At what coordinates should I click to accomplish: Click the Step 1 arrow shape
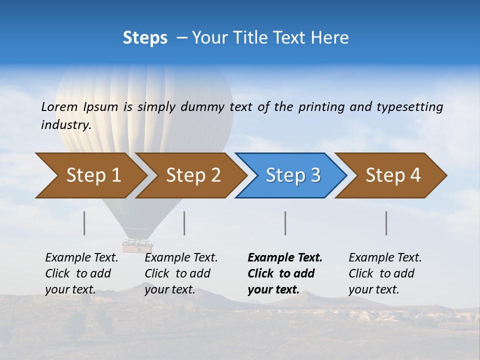[x=92, y=175]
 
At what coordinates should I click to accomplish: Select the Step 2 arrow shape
[x=192, y=175]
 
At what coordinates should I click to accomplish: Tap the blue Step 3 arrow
[x=292, y=175]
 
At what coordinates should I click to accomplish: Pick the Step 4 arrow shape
[x=392, y=175]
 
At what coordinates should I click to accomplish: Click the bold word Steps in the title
[x=145, y=38]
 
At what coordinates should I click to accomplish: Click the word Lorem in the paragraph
[x=59, y=106]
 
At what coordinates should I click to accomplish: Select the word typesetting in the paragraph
[x=409, y=106]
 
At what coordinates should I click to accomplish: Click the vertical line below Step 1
[x=84, y=223]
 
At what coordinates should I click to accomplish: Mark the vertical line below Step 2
[x=184, y=223]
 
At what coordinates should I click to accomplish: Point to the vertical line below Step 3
[x=285, y=223]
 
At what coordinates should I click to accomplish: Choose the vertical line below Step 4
[x=386, y=223]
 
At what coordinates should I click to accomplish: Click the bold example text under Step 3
[x=284, y=273]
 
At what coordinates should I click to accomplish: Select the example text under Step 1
[x=81, y=273]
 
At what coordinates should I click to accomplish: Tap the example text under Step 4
[x=384, y=273]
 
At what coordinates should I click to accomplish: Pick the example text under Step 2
[x=180, y=273]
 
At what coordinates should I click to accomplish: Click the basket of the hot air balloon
[x=137, y=245]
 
